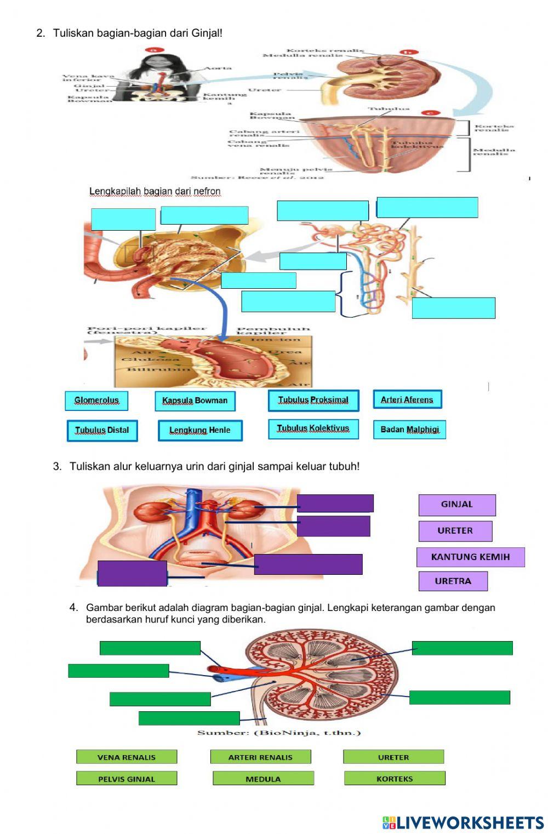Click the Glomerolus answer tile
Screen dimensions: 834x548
click(96, 401)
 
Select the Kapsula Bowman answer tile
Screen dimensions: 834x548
click(195, 401)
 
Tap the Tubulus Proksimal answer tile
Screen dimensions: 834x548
click(313, 401)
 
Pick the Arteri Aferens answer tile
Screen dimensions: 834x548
click(407, 399)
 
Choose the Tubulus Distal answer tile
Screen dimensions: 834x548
click(102, 431)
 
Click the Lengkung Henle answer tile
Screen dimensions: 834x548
click(200, 431)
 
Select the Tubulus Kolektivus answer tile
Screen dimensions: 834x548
click(313, 429)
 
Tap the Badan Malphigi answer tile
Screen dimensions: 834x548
click(410, 430)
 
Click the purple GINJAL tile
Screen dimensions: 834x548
click(457, 505)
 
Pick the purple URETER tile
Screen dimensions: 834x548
click(455, 531)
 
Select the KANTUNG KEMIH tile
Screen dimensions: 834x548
click(471, 557)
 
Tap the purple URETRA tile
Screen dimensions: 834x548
click(453, 581)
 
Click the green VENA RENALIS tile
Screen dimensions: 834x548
click(127, 757)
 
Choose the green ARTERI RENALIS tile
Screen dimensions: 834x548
click(260, 757)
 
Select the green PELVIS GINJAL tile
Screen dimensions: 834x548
click(127, 779)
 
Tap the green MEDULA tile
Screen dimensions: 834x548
click(263, 779)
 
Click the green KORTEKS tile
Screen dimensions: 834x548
click(395, 779)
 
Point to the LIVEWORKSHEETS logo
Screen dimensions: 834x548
click(463, 822)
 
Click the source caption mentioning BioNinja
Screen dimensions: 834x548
click(279, 733)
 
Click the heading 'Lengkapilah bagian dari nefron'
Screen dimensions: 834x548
click(155, 191)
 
